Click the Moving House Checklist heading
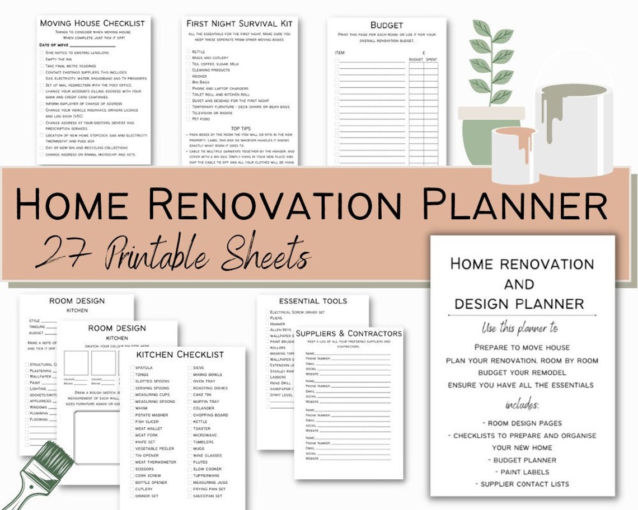92,23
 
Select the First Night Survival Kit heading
240,23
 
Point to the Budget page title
386,25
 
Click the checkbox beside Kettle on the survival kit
188,51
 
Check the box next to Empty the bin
41,59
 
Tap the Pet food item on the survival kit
201,119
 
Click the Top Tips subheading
241,129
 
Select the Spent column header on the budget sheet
431,59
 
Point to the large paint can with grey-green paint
574,129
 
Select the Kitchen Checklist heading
180,355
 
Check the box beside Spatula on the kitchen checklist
130,368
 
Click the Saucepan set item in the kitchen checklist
207,496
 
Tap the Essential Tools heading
313,301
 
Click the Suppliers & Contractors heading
349,334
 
